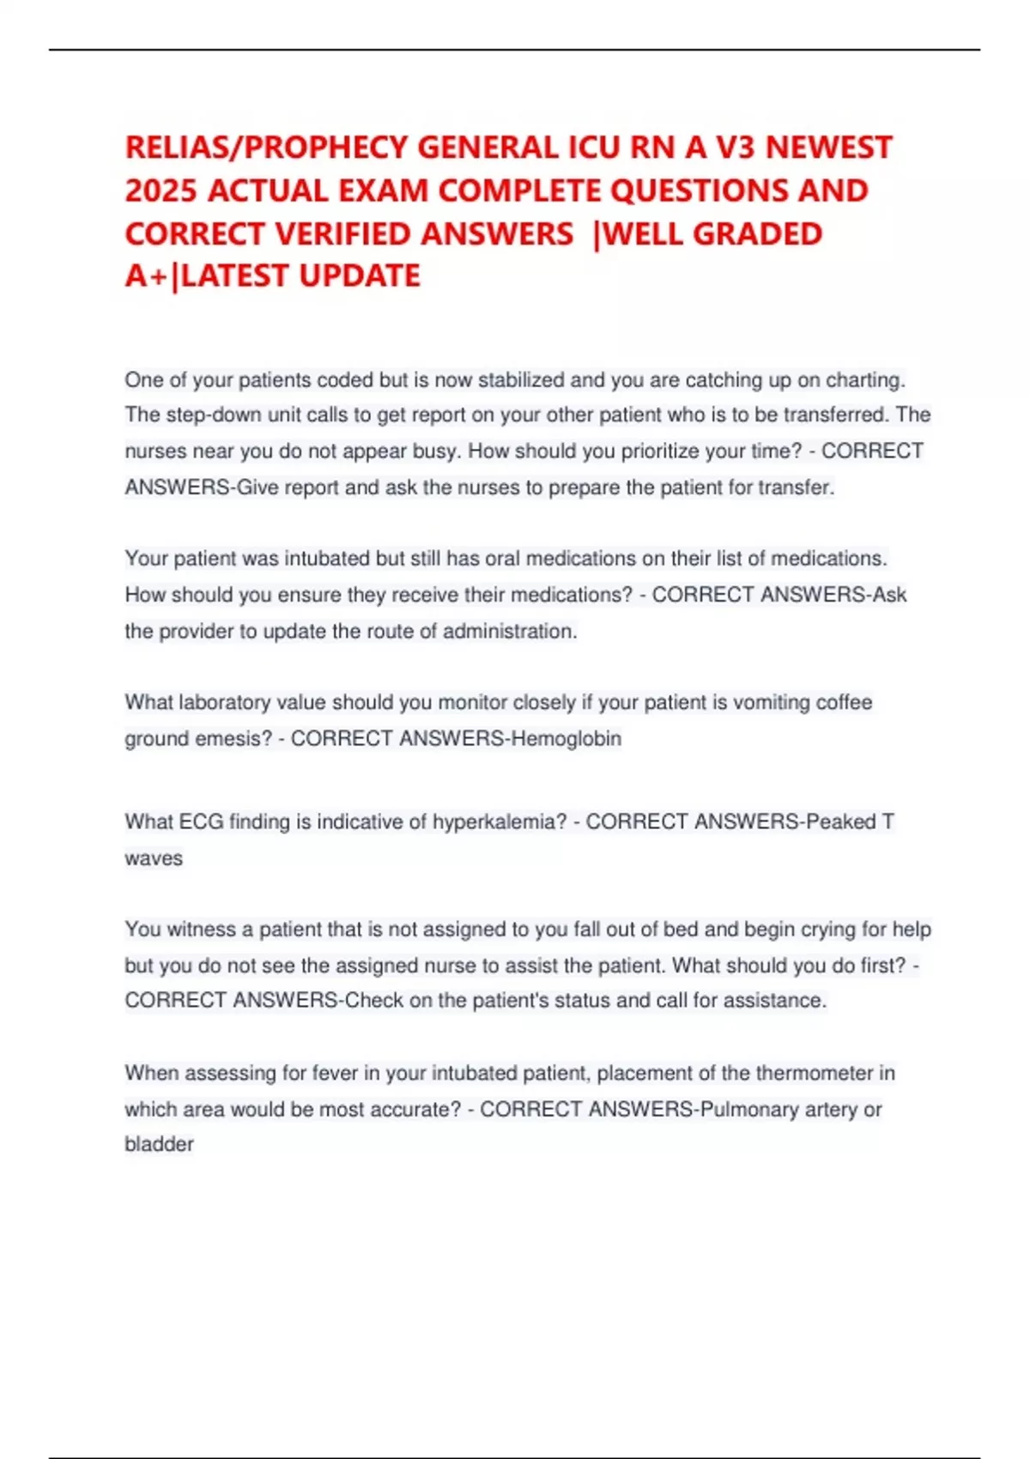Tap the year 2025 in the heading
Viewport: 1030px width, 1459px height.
[x=161, y=191]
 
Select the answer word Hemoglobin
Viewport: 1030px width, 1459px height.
[x=566, y=738]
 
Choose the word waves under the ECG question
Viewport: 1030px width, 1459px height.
[x=154, y=858]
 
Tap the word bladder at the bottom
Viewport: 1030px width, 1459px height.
[x=159, y=1144]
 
